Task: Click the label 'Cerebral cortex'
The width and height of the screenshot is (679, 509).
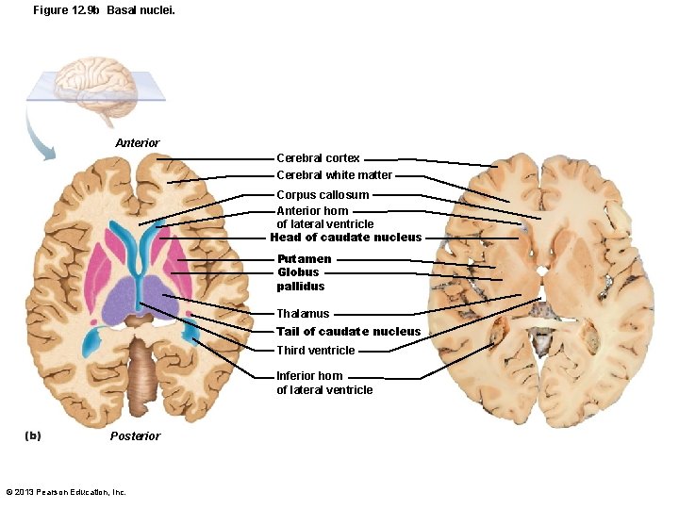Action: click(318, 158)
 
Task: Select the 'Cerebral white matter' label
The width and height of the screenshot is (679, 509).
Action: click(334, 175)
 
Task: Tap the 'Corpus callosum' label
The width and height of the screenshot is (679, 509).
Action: click(323, 195)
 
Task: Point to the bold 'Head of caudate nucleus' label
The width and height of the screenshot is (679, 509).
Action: click(345, 238)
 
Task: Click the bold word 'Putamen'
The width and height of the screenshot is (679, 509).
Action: click(304, 259)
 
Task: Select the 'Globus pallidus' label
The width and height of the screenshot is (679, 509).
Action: click(300, 279)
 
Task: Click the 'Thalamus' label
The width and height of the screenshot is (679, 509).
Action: click(303, 314)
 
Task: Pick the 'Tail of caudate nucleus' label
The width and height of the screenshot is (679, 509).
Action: click(348, 332)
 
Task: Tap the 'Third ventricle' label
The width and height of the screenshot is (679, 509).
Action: click(315, 351)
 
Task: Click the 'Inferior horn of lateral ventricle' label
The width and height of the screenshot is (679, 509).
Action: click(323, 383)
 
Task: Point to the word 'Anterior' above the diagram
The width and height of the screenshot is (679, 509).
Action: click(138, 143)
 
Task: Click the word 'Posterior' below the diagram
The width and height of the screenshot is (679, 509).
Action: click(135, 436)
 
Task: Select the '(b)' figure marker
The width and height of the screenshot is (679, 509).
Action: click(33, 435)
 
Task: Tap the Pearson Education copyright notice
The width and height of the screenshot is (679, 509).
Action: click(66, 492)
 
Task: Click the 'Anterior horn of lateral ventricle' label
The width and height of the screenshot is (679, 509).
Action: click(324, 218)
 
